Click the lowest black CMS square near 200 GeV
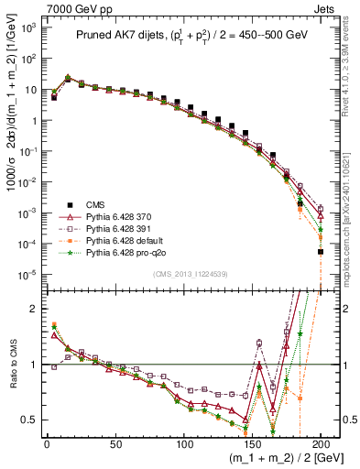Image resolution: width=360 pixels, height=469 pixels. coord(321,251)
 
